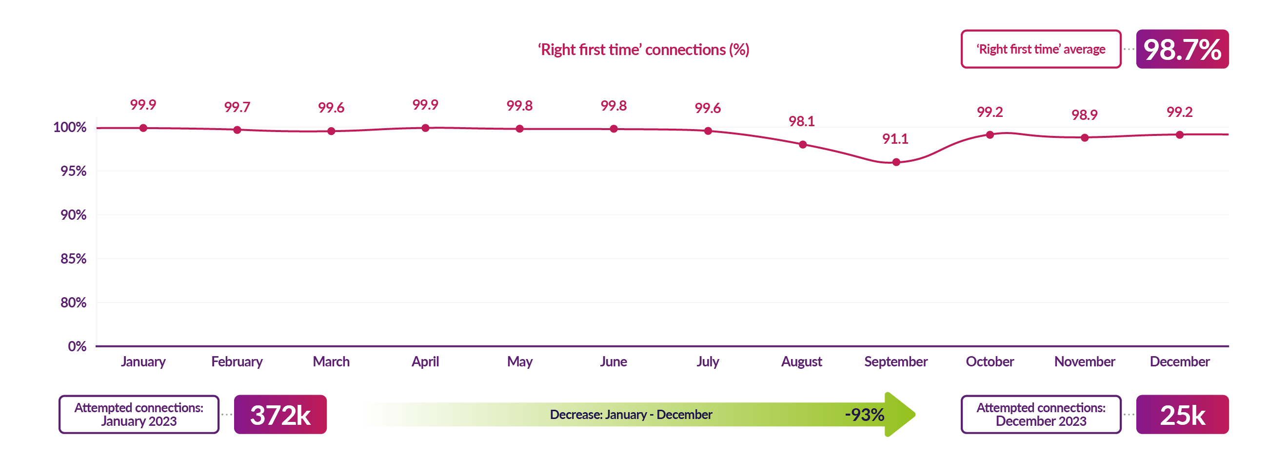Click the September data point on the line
click(896, 162)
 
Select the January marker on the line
click(143, 128)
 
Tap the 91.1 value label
click(895, 139)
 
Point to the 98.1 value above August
click(801, 121)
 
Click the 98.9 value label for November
click(1084, 115)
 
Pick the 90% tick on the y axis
click(73, 215)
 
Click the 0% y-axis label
click(77, 346)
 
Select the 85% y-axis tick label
click(73, 259)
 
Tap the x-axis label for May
click(519, 362)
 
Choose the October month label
click(990, 362)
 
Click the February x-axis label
click(237, 362)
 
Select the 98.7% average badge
click(1182, 49)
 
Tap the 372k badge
click(280, 415)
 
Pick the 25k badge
click(1182, 415)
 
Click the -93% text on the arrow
click(864, 415)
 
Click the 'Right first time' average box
click(1041, 49)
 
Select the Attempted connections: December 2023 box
click(1041, 415)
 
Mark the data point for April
click(425, 128)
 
